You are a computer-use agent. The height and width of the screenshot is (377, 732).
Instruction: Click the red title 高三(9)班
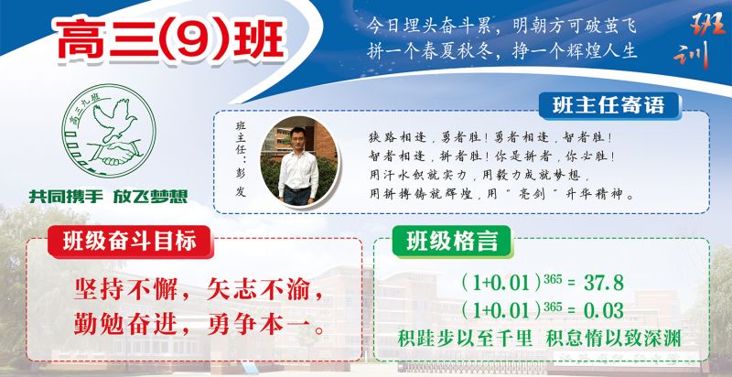coord(171,40)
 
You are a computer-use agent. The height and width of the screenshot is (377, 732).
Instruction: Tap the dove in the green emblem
coord(113,118)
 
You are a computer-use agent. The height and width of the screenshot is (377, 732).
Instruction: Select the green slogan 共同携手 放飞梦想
coord(108,196)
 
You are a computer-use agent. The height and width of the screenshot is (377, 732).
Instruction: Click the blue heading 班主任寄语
coord(608,105)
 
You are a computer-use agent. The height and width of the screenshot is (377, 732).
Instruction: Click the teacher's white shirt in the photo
coord(298,169)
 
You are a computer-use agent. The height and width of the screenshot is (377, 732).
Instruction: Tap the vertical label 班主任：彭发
coord(241,158)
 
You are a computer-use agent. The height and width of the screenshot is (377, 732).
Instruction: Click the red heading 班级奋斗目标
coord(129,242)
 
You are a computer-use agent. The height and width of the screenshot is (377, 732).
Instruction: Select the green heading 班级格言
coord(451,242)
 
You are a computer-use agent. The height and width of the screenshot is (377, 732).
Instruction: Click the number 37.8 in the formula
coord(604,283)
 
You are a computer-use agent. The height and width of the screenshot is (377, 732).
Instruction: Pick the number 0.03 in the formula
coord(604,310)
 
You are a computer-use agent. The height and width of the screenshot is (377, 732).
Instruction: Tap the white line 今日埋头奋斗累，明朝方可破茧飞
coord(501,26)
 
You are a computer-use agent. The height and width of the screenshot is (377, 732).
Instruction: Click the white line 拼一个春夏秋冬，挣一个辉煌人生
coord(501,50)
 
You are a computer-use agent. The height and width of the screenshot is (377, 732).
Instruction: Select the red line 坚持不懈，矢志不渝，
coord(199,290)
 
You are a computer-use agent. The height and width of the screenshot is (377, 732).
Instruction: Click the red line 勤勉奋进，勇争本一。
coord(199,324)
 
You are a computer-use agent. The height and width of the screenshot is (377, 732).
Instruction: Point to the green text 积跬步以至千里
coord(465,339)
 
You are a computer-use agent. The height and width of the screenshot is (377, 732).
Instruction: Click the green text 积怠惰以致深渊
coord(613,339)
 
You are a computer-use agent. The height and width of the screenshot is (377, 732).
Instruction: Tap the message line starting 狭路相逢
coord(490,137)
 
